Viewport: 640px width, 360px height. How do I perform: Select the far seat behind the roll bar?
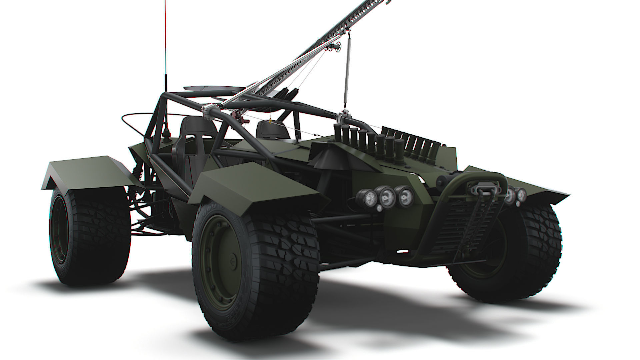272,130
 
